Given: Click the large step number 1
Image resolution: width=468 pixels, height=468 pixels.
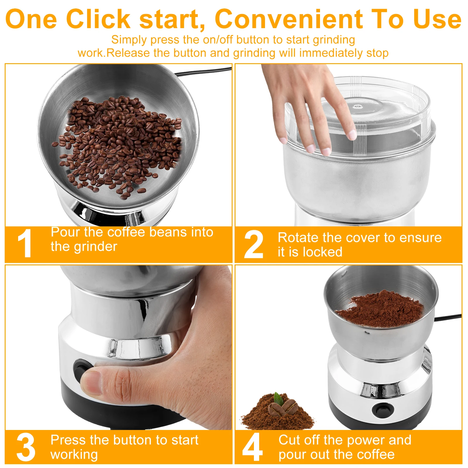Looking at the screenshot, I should coord(25,243).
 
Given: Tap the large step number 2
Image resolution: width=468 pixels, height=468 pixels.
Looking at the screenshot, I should coord(253,245).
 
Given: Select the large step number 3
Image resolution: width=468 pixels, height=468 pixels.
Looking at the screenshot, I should coord(26,447).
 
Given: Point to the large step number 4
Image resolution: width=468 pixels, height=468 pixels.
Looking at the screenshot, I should coord(252,447).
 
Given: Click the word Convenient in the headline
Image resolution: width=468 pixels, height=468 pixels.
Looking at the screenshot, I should coord(288,19).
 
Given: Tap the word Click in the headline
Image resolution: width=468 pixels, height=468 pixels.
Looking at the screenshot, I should coord(98,19).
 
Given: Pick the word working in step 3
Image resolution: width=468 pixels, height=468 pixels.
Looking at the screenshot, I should coord(74,454).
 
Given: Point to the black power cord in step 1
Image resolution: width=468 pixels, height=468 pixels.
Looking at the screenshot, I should coord(205,71).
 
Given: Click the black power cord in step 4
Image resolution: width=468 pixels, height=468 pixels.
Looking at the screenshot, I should coord(448,317).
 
